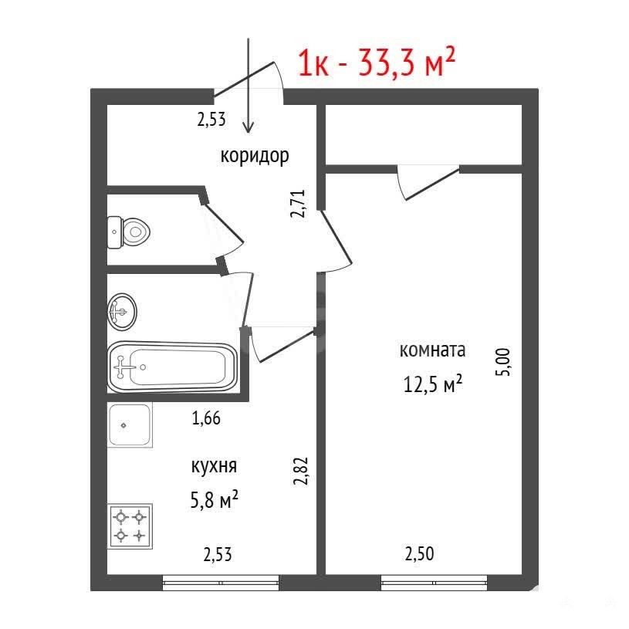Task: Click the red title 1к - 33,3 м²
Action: pos(377,63)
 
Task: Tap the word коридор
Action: pos(255,156)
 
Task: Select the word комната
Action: pos(432,350)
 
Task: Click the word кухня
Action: pos(215,467)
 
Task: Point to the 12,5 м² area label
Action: pos(432,384)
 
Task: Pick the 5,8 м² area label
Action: pos(215,499)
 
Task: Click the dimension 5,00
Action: pos(503,362)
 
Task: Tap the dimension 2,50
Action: pos(419,554)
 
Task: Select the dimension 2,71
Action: pos(298,204)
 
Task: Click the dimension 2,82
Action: pos(301,471)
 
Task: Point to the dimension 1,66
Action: pos(206,418)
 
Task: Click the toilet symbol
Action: pos(128,232)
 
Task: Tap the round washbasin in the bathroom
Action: pos(122,312)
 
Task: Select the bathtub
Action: pos(173,367)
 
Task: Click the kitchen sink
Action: pos(130,424)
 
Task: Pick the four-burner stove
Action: pos(130,526)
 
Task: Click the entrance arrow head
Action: pos(249,127)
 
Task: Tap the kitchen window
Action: pos(221,583)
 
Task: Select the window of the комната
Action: pos(434,583)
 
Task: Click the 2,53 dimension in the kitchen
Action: pos(218,555)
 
